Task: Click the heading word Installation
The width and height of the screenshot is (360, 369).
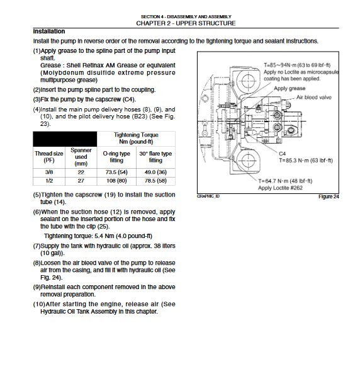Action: (49, 31)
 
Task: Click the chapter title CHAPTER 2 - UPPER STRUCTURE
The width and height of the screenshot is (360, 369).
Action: (186, 23)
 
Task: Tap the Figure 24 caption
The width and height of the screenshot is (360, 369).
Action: (329, 196)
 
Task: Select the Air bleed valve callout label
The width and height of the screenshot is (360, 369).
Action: (313, 97)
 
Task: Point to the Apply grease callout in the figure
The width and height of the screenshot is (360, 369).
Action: (290, 89)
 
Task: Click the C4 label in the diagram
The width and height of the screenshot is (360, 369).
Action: (282, 154)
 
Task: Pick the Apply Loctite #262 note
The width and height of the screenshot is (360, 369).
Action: (280, 188)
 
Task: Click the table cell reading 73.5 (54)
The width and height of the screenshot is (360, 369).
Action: (116, 173)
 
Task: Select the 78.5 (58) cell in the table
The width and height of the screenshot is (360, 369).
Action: (155, 181)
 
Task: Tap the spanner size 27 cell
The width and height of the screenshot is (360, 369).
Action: (81, 181)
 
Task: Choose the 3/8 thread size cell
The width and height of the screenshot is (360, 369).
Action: (49, 173)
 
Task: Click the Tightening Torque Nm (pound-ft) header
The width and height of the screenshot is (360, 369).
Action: (136, 139)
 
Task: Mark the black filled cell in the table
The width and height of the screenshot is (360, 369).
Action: (65, 139)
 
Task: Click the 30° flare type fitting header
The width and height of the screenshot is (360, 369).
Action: (155, 157)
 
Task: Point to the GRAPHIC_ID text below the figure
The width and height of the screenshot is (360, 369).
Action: (208, 196)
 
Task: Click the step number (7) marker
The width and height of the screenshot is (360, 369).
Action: (37, 246)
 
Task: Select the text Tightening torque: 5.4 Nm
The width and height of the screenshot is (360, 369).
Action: (79, 236)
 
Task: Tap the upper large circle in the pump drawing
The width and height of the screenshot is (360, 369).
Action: (249, 81)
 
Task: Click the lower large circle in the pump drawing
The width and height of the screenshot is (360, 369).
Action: (249, 161)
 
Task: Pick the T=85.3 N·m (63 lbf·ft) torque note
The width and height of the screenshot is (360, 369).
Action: (306, 161)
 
